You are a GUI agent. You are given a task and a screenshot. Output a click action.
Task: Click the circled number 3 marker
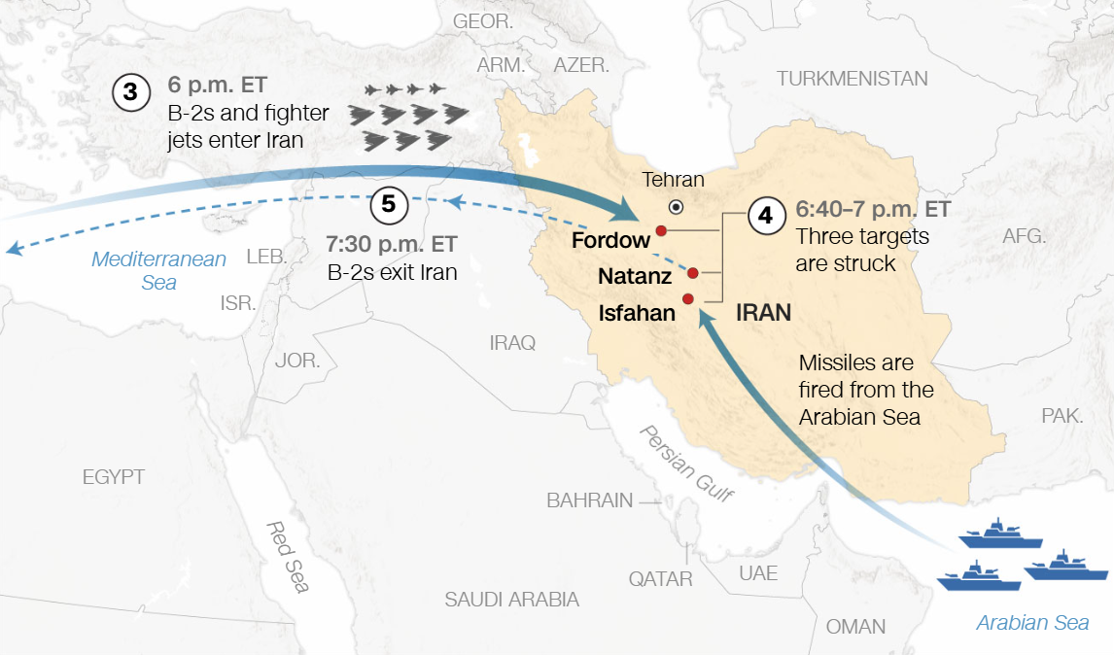pyautogui.click(x=131, y=93)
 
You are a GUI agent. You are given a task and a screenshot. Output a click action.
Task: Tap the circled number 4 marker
pyautogui.click(x=766, y=215)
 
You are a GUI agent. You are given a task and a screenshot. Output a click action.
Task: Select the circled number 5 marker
pyautogui.click(x=389, y=205)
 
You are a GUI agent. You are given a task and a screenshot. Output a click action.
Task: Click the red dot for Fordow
pyautogui.click(x=661, y=230)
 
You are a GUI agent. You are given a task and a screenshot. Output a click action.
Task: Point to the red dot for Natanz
pyautogui.click(x=693, y=273)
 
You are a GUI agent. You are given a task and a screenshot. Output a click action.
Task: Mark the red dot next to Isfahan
pyautogui.click(x=688, y=298)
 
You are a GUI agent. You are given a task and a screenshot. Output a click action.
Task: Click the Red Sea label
pyautogui.click(x=289, y=556)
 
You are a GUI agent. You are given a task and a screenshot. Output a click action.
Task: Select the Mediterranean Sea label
pyautogui.click(x=159, y=270)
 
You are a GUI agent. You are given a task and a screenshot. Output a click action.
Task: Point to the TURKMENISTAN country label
pyautogui.click(x=852, y=79)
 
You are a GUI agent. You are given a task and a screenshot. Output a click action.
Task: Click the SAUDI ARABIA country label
pyautogui.click(x=511, y=600)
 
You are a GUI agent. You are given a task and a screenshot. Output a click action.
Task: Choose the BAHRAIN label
pyautogui.click(x=589, y=500)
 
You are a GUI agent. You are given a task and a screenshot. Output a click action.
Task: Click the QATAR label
pyautogui.click(x=660, y=579)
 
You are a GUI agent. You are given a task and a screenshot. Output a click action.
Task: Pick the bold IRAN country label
pyautogui.click(x=763, y=313)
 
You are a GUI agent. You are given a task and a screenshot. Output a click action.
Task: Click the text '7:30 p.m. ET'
pyautogui.click(x=393, y=243)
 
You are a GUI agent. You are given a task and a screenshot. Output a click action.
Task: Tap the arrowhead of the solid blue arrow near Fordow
pyautogui.click(x=629, y=210)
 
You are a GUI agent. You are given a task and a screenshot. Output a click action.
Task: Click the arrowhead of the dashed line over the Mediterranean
pyautogui.click(x=13, y=250)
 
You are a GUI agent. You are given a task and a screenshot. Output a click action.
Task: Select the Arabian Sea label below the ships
pyautogui.click(x=1032, y=623)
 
